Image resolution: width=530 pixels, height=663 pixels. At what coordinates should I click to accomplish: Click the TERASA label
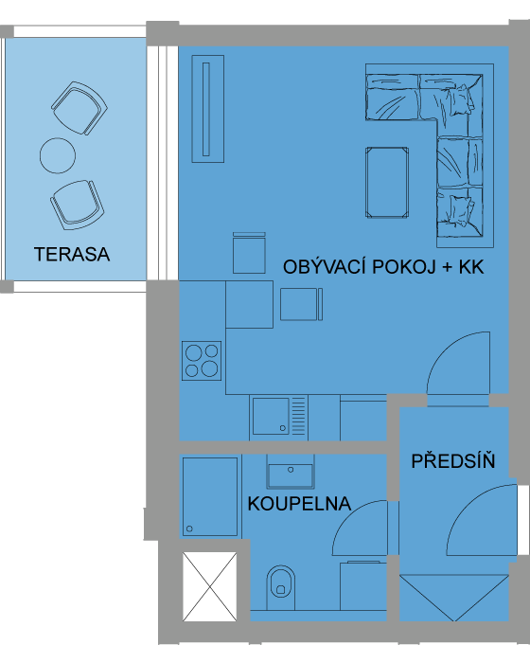pos(72,254)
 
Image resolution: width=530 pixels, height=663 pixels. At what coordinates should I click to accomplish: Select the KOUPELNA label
pos(299,503)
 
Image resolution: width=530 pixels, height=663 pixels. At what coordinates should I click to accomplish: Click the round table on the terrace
pos(58,155)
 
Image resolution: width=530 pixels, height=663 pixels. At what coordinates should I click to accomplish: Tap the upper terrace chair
pos(79,108)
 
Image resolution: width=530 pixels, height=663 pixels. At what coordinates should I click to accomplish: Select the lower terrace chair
pos(78,206)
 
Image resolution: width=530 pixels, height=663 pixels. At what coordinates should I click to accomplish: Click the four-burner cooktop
pos(202,361)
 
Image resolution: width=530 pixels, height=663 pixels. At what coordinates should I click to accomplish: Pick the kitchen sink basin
pos(271,416)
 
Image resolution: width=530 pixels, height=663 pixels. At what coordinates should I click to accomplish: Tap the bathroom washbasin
pos(291,473)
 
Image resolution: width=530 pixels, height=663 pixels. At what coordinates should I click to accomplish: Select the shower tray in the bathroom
pos(210,496)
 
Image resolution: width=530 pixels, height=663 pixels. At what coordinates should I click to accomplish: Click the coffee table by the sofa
pos(387,182)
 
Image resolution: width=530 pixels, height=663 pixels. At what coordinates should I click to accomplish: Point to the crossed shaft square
pos(209,586)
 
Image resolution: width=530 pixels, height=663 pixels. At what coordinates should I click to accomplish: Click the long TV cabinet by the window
pos(208,109)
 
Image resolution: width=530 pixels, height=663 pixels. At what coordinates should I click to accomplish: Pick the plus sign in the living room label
pos(448,268)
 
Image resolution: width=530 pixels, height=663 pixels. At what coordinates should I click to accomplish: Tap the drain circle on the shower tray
pos(189,529)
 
